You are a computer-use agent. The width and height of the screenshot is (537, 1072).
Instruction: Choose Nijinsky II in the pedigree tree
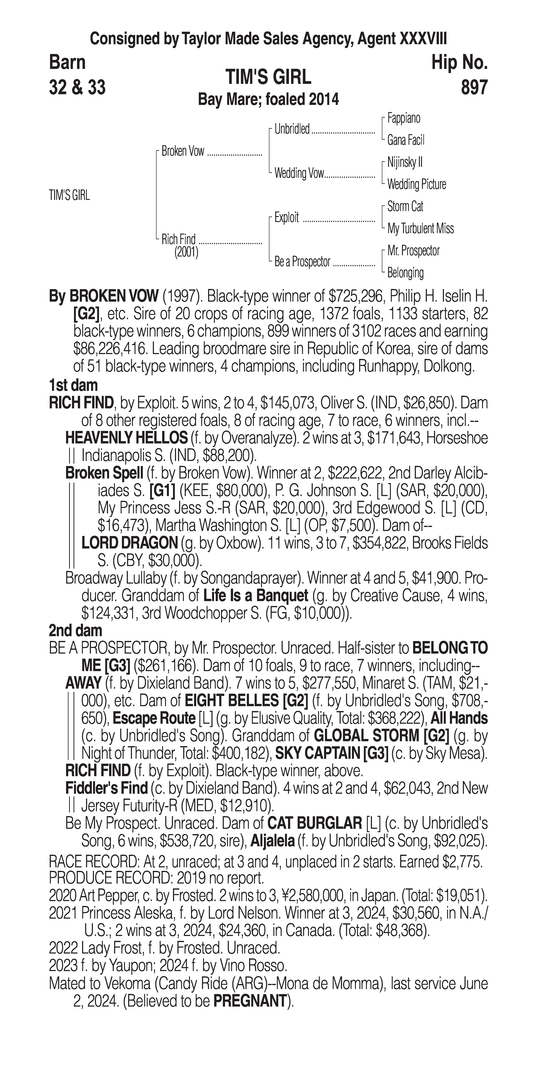coord(405,162)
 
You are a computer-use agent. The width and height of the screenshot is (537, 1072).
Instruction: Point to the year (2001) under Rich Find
coord(186,252)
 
